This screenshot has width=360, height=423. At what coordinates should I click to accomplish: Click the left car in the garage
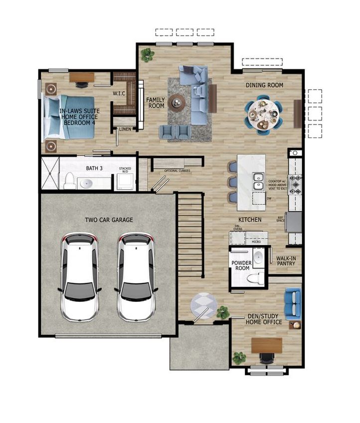click(x=80, y=279)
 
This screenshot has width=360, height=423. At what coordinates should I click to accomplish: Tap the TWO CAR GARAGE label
click(x=109, y=220)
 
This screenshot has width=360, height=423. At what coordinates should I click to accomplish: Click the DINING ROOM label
click(x=264, y=85)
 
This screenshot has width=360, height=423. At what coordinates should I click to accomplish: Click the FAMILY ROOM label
click(x=156, y=103)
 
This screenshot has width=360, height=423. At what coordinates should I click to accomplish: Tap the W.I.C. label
click(x=119, y=94)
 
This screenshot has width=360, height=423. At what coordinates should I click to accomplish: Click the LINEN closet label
click(x=125, y=130)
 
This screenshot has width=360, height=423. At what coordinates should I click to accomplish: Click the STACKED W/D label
click(x=125, y=171)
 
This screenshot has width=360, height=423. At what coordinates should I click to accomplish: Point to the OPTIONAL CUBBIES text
click(x=177, y=171)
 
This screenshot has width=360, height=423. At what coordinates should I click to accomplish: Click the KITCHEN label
click(x=249, y=220)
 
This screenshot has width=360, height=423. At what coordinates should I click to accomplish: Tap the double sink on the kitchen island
click(x=258, y=181)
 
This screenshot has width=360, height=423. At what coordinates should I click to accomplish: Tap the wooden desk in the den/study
click(x=267, y=345)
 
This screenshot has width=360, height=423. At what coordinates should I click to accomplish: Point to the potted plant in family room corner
click(x=147, y=54)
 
